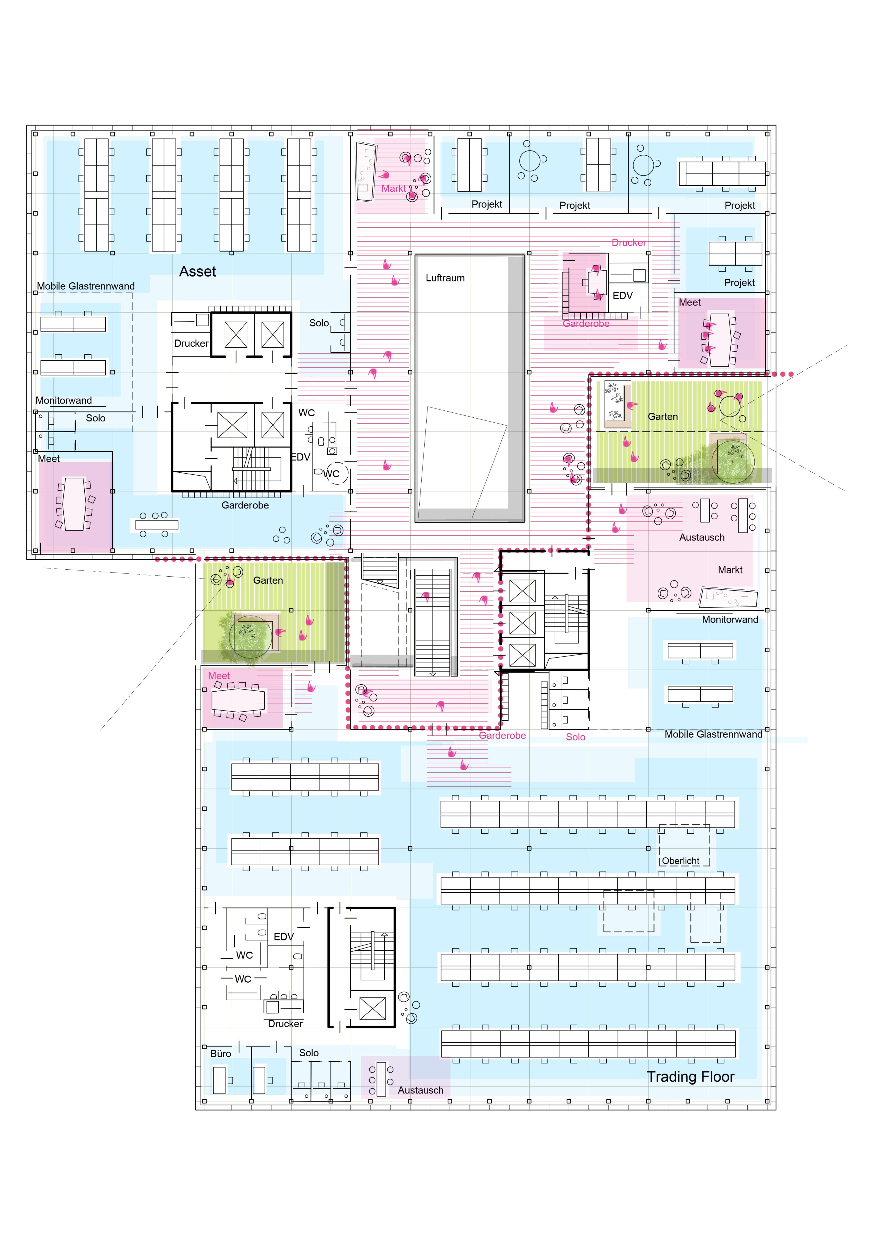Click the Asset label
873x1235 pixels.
click(x=197, y=272)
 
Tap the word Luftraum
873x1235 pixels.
click(x=445, y=278)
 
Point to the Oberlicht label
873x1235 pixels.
click(x=680, y=861)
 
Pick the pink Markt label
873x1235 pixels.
click(x=394, y=188)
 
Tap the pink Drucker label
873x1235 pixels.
click(x=629, y=242)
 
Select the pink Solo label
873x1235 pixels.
click(x=576, y=737)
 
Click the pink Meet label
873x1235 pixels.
click(x=219, y=676)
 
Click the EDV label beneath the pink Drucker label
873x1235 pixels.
click(x=622, y=295)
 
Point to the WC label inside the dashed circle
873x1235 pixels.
click(x=331, y=474)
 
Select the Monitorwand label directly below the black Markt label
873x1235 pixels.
click(x=730, y=620)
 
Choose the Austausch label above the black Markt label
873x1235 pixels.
click(x=702, y=537)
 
